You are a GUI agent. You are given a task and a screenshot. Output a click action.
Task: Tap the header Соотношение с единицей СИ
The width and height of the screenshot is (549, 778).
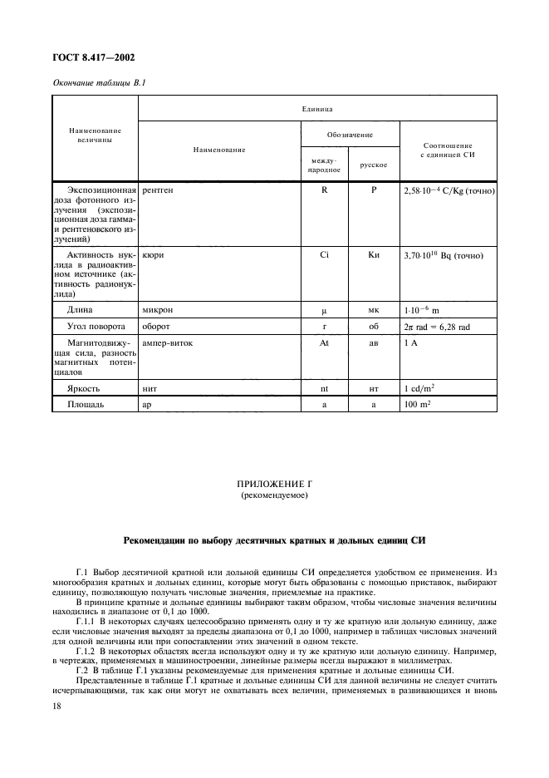449,150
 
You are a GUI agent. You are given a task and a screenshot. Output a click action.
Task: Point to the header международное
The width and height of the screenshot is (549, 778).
323,164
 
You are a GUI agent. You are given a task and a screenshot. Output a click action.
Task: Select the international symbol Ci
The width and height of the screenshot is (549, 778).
324,255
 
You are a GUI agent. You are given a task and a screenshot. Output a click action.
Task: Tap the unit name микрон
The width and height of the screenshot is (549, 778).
157,309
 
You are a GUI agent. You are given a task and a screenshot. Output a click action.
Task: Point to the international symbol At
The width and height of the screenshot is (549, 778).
324,343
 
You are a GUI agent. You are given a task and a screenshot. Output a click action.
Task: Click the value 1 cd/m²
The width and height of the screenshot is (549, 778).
422,388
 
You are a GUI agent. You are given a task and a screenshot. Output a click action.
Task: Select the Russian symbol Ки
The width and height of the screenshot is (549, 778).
374,255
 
